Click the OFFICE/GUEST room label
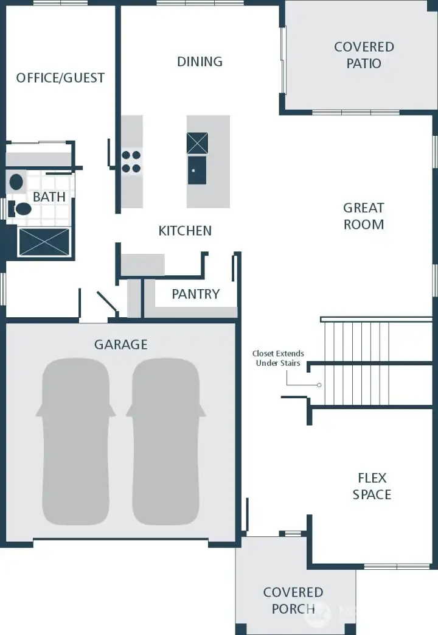[60, 78]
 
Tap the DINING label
[200, 61]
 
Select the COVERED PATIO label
[364, 55]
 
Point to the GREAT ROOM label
[364, 216]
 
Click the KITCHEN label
[185, 231]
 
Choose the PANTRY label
[195, 294]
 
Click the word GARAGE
[120, 345]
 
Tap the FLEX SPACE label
[372, 486]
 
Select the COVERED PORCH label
[293, 600]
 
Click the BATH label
[49, 197]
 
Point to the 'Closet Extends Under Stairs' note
[278, 358]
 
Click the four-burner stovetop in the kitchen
[131, 161]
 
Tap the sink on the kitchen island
[196, 170]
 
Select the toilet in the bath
[22, 209]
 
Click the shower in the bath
[44, 242]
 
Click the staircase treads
[356, 363]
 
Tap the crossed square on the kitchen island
[197, 143]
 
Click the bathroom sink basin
[16, 181]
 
